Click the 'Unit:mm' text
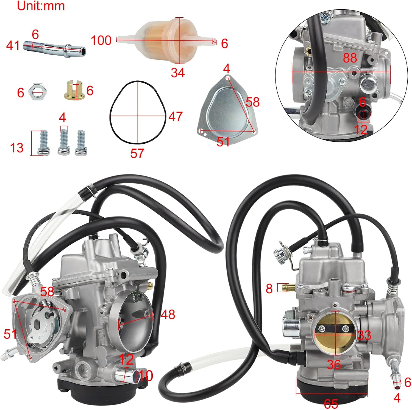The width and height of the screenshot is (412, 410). pyautogui.click(x=41, y=6)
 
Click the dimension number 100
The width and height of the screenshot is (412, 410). pyautogui.click(x=101, y=40)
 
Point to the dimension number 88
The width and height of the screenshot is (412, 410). pyautogui.click(x=350, y=58)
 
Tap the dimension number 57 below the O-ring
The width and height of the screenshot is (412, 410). pyautogui.click(x=137, y=153)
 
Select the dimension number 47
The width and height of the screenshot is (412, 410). pyautogui.click(x=175, y=117)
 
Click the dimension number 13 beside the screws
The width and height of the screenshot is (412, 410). pyautogui.click(x=16, y=148)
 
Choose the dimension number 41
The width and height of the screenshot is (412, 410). pyautogui.click(x=13, y=45)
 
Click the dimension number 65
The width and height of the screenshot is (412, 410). pyautogui.click(x=331, y=404)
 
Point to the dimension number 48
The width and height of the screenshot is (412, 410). pyautogui.click(x=168, y=314)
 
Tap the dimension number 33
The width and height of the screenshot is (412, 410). pyautogui.click(x=364, y=335)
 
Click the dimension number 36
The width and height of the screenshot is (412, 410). pyautogui.click(x=334, y=365)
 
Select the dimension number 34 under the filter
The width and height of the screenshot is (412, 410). pyautogui.click(x=177, y=73)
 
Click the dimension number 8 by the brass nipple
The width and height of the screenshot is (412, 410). pyautogui.click(x=269, y=288)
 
